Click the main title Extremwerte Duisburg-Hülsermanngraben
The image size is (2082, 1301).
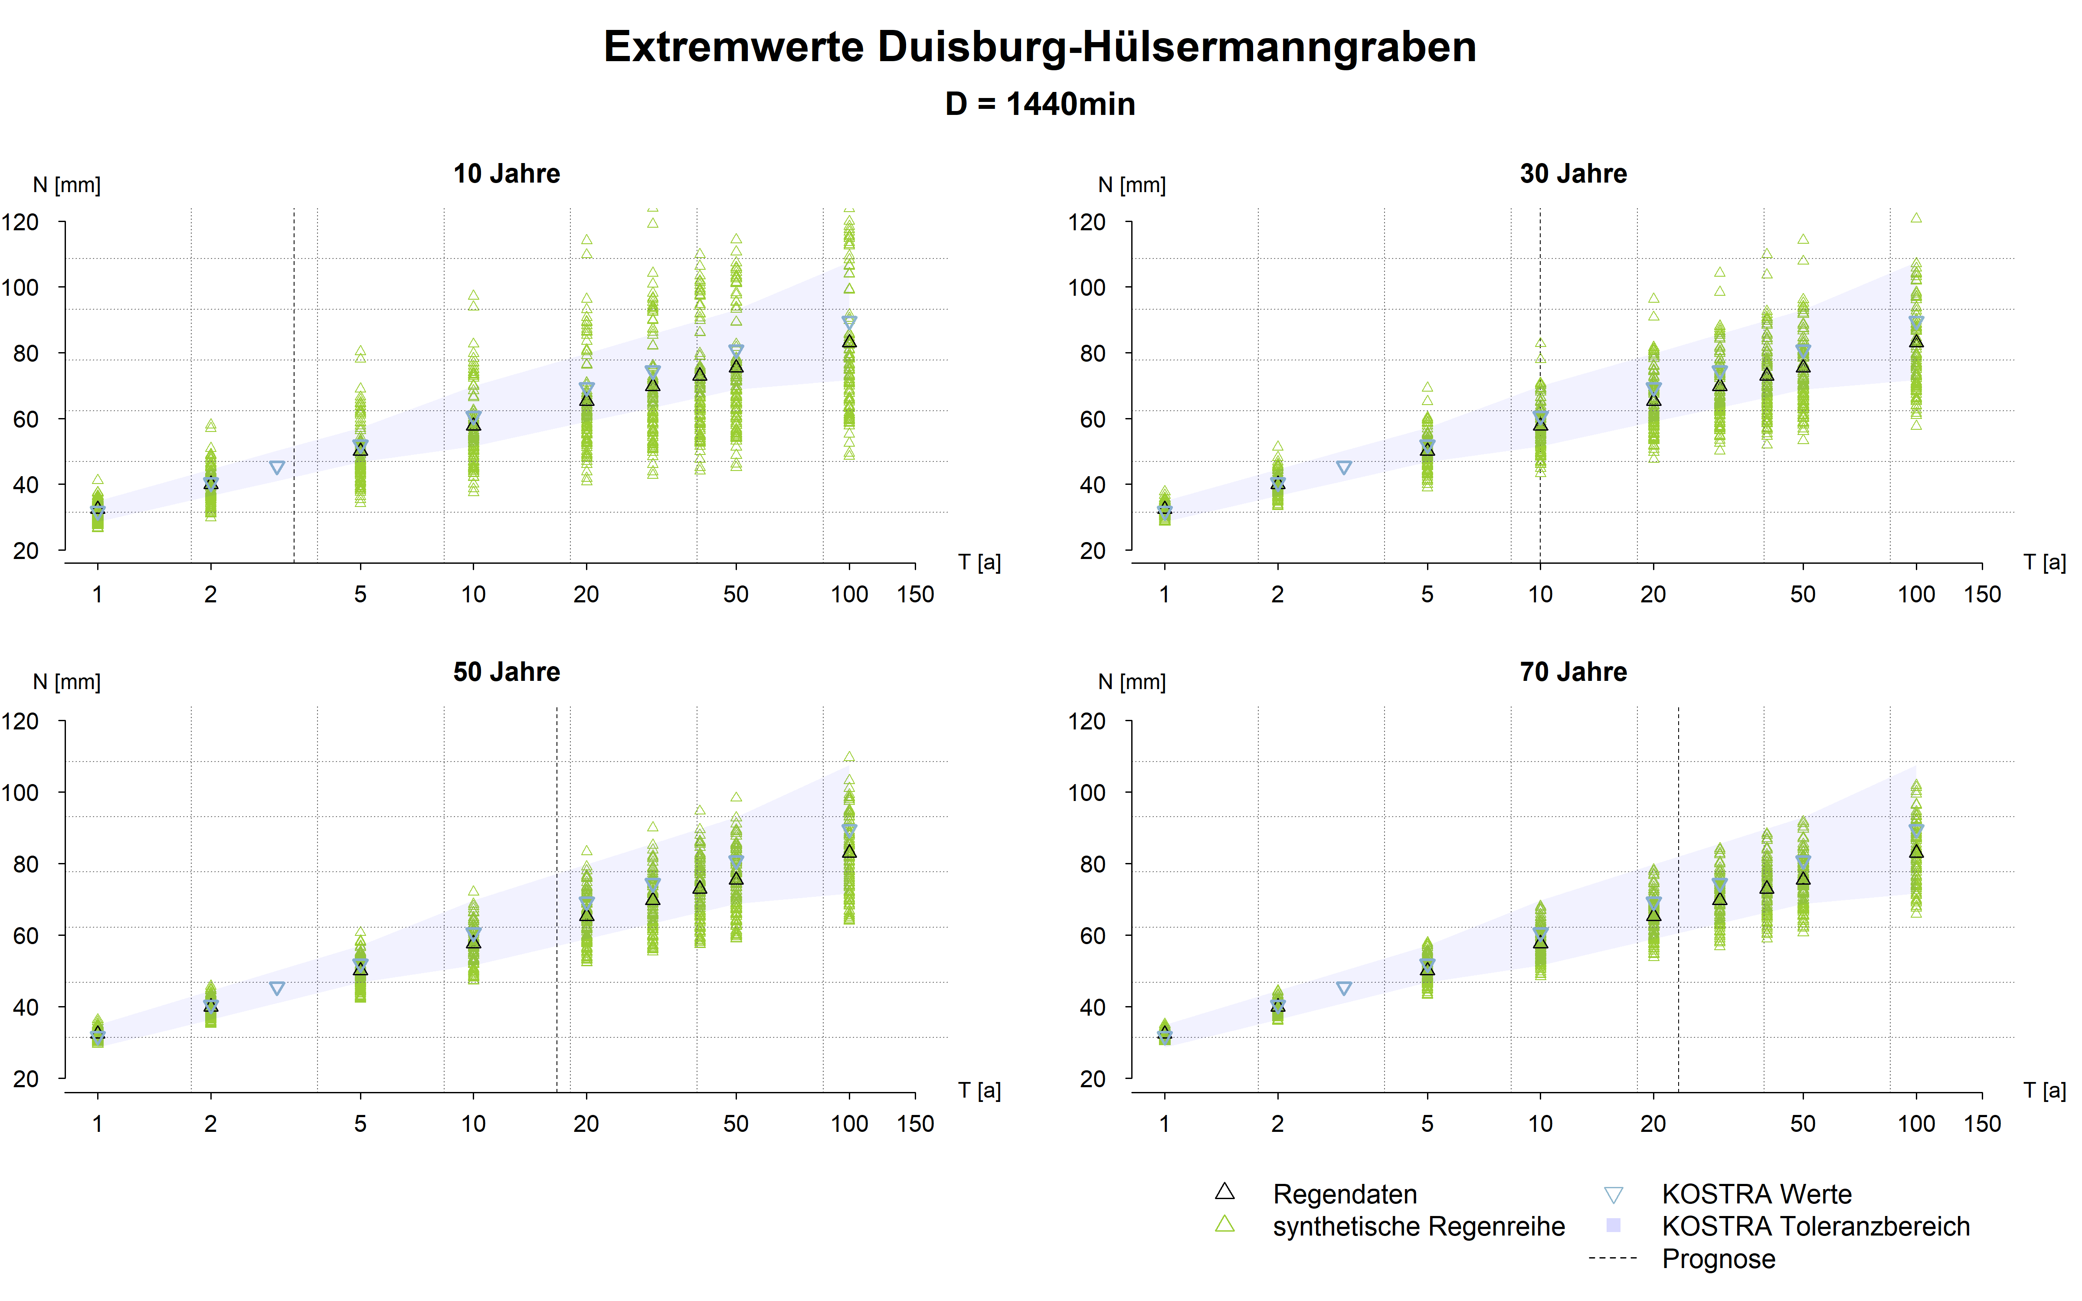1039,46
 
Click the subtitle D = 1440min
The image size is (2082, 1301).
1039,104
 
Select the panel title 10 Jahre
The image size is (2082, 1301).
507,174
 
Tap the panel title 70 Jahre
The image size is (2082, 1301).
1573,672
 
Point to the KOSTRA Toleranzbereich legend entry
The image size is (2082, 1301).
1815,1226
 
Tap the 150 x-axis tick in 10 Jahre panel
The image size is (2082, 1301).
914,595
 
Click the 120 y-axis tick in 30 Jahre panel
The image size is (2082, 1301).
1087,222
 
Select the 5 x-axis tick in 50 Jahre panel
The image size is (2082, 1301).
360,1124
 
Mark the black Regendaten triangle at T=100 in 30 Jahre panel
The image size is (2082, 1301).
1916,342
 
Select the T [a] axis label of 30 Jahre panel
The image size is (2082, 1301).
2044,563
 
